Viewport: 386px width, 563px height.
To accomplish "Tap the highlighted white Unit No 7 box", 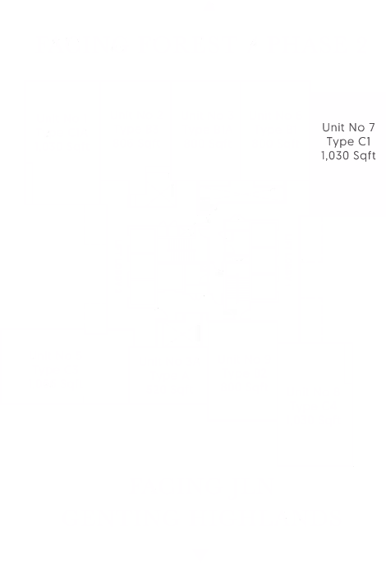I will [x=348, y=141].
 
